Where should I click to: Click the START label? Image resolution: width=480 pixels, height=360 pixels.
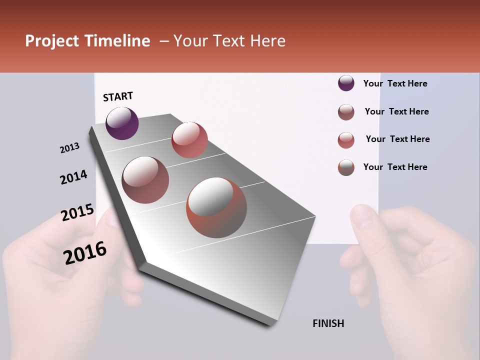click(x=118, y=96)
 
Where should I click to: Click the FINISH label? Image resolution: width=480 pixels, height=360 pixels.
click(x=328, y=323)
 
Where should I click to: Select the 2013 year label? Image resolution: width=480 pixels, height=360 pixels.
click(x=69, y=147)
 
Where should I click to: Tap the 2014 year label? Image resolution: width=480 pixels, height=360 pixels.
click(x=73, y=177)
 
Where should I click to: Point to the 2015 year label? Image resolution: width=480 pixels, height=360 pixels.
click(x=77, y=212)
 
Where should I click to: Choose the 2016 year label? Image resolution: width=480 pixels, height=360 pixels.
click(x=85, y=252)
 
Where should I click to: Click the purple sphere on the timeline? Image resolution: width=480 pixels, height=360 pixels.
click(x=122, y=123)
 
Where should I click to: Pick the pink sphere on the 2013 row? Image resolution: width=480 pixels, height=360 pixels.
click(x=189, y=140)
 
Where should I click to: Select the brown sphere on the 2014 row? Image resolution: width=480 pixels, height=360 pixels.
click(x=145, y=179)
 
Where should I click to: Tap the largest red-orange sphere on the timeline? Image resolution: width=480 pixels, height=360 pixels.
click(x=216, y=207)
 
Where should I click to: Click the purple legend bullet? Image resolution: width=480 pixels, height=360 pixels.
click(x=346, y=83)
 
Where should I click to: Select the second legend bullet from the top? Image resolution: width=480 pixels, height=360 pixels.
click(x=346, y=112)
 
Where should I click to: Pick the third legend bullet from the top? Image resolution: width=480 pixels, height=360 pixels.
click(x=346, y=140)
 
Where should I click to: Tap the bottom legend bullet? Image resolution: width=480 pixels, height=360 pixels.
click(x=346, y=167)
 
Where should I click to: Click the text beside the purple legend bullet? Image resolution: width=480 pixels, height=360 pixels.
click(x=395, y=83)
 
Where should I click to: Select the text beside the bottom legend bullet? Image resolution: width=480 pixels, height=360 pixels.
click(x=395, y=167)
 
